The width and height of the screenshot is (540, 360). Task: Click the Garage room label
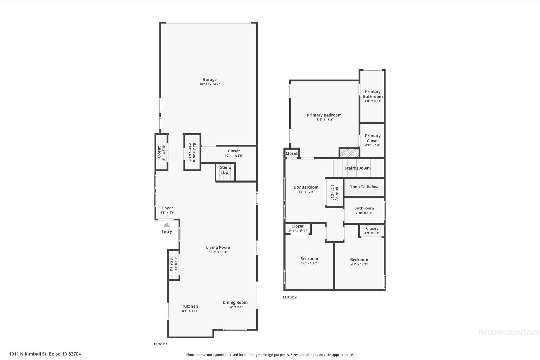(210, 79)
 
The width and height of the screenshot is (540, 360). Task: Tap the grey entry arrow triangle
(167, 225)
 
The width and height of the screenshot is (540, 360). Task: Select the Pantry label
(171, 265)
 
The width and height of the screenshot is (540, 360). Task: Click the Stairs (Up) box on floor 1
(225, 172)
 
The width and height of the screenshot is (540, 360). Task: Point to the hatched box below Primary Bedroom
(349, 153)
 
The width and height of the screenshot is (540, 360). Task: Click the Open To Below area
(364, 187)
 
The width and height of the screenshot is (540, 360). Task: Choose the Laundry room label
(337, 193)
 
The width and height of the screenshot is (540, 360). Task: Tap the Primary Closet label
(373, 138)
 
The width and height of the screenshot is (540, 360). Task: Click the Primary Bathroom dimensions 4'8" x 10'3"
(373, 101)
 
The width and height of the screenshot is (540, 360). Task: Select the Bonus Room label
(306, 187)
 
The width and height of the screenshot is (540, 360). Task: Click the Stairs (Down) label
(358, 168)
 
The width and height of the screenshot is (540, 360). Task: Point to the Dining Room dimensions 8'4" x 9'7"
(235, 307)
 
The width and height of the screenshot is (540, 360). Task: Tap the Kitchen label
(190, 306)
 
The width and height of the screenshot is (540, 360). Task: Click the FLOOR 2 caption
(290, 297)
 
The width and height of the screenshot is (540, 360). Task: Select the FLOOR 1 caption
(161, 344)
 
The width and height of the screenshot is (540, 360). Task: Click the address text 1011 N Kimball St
(45, 354)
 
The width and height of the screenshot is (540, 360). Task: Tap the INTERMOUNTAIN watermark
(509, 333)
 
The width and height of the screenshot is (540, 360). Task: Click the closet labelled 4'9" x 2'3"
(372, 231)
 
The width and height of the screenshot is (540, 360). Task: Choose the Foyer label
(167, 208)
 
